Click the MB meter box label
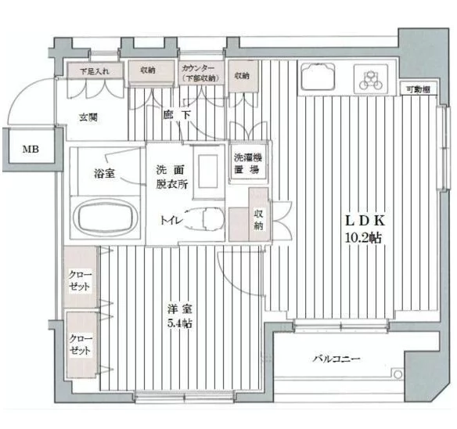31,150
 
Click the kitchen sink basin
318,77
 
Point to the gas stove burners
371,79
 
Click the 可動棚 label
418,89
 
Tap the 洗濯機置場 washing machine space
248,163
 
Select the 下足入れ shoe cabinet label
95,71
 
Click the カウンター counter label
198,68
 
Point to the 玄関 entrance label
88,117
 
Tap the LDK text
365,221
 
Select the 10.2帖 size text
363,238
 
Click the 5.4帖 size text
179,323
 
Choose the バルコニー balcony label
336,359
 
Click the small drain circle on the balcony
398,374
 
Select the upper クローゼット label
80,280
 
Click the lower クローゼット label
80,344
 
